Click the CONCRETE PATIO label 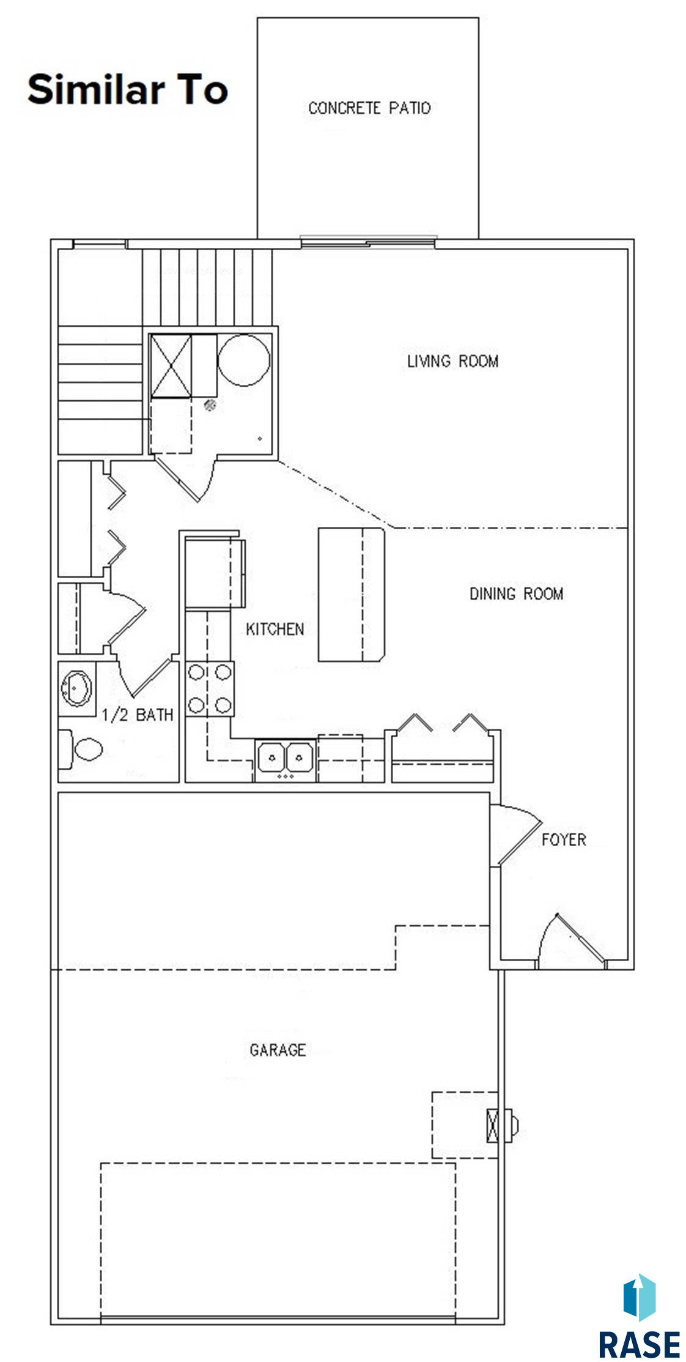click(369, 108)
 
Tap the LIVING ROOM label click(452, 361)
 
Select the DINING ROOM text click(516, 594)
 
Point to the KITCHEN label click(275, 629)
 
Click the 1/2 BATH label click(137, 715)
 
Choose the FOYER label click(563, 839)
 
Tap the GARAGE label click(278, 1050)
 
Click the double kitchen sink click(286, 759)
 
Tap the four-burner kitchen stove click(209, 689)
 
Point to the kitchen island click(352, 595)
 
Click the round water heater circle click(244, 360)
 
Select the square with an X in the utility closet click(171, 366)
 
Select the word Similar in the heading click(94, 89)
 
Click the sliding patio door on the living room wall click(369, 243)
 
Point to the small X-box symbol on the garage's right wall click(493, 1125)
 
